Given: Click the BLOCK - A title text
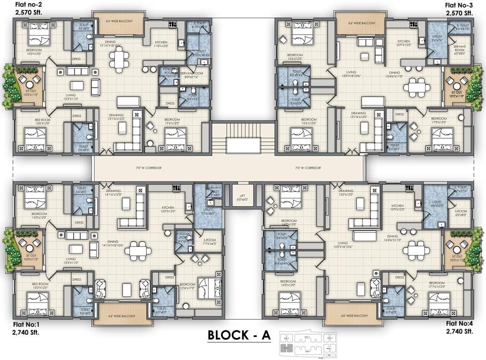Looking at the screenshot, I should point(239,336).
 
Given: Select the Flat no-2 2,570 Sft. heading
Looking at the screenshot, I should point(28,8).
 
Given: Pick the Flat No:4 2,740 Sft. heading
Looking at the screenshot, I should point(459,328).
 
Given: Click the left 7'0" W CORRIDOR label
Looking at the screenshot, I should point(144,167).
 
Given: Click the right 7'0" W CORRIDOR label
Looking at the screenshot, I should point(308,167).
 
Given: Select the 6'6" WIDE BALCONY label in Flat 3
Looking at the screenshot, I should point(361,22).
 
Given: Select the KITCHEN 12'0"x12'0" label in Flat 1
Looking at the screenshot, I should point(168,210).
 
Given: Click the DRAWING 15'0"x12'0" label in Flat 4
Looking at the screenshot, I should point(346,193).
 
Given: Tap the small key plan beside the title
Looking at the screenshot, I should point(309,343).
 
